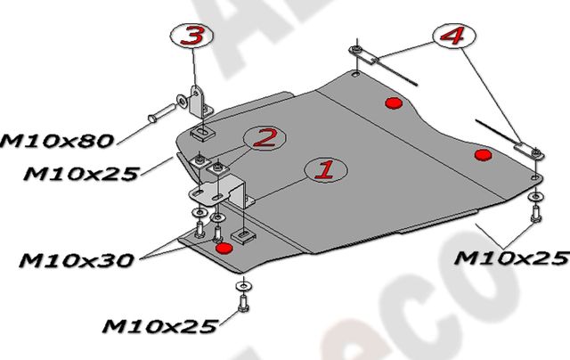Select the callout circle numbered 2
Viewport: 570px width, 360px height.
pos(265,137)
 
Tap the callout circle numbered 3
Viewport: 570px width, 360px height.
pos(191,37)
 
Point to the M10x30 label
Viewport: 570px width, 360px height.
pos(76,260)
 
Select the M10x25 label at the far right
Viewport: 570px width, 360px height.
pos(510,258)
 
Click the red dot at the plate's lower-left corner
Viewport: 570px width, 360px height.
pos(224,246)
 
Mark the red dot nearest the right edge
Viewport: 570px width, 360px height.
pos(484,155)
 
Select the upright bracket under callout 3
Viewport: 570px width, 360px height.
pos(199,102)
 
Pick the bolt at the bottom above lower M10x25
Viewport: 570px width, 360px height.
pos(242,304)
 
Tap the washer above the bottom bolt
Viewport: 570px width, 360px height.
pos(242,284)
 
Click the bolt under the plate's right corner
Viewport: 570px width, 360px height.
pos(534,212)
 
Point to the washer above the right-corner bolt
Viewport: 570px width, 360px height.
pos(533,196)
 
